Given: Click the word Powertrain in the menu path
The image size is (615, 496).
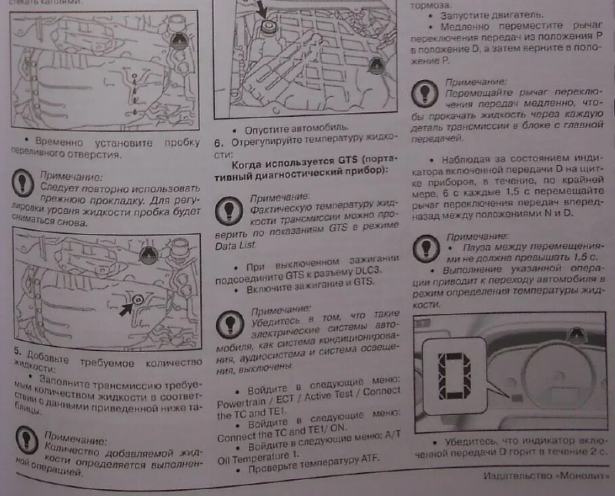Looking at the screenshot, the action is pyautogui.click(x=243, y=403).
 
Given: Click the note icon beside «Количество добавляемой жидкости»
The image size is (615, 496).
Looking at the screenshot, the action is pyautogui.click(x=27, y=441).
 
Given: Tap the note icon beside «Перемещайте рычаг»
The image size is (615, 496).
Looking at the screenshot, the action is pyautogui.click(x=426, y=91).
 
